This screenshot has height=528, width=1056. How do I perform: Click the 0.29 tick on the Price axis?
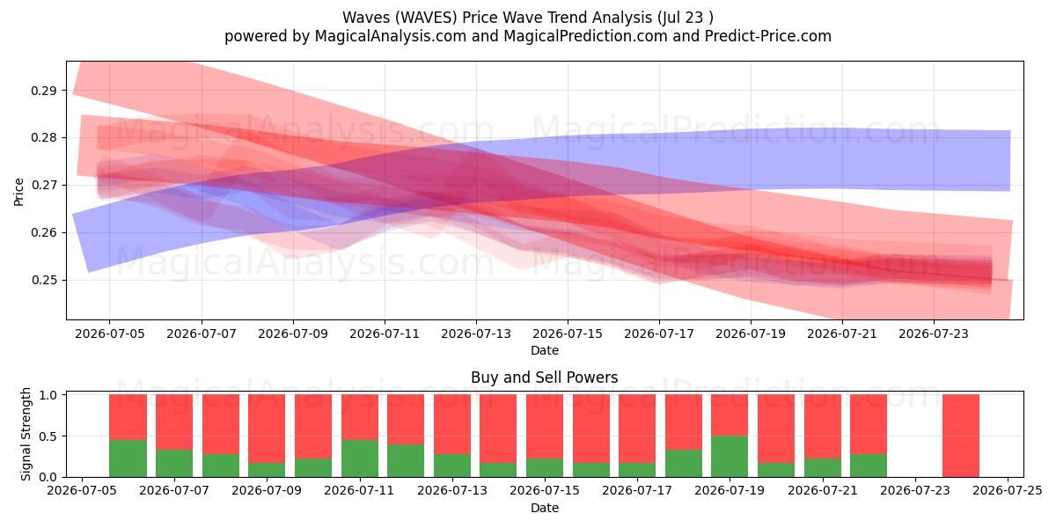coord(44,91)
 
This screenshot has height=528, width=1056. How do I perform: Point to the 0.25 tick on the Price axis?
coord(44,280)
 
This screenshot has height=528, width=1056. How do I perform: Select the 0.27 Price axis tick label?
coord(44,186)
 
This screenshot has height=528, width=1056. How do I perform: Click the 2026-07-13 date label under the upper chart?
coord(476,334)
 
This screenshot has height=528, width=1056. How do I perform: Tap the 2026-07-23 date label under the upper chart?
coord(934,334)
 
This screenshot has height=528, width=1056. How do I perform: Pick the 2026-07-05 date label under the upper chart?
coord(110,334)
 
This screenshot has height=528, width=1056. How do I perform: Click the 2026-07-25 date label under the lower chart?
coord(1008,491)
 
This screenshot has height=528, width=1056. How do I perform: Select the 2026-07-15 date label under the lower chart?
coord(545,491)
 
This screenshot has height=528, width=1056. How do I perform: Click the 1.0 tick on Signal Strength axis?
coord(48,395)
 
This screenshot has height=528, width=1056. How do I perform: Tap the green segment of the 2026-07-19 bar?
coord(730,457)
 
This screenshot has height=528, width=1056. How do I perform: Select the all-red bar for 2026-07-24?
coord(961,436)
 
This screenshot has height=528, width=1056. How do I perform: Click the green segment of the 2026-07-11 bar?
coord(360,458)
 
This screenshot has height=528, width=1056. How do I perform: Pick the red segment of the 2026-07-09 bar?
coord(267,429)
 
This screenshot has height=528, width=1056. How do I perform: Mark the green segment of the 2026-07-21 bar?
coord(822,467)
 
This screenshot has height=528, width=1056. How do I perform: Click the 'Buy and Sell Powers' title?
coord(545,378)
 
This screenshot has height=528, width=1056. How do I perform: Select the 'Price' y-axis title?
coord(18,192)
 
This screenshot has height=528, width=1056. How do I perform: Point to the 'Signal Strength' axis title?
coord(26,434)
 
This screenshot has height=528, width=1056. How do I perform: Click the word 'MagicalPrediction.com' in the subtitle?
coord(585,36)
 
